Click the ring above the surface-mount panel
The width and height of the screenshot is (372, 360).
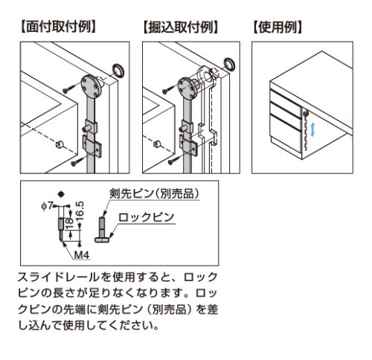118,71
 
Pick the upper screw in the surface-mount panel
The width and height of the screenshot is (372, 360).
69,89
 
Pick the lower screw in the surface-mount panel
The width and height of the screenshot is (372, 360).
76,161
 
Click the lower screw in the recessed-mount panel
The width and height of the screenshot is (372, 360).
174,159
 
